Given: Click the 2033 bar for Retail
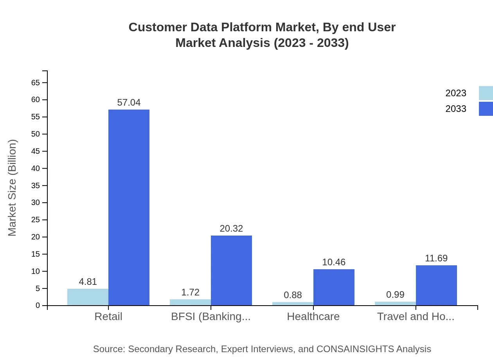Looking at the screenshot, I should pyautogui.click(x=129, y=207).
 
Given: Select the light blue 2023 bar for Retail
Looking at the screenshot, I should pyautogui.click(x=88, y=297).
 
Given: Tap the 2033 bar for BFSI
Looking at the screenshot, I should pyautogui.click(x=231, y=270).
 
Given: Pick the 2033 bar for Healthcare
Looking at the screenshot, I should pyautogui.click(x=334, y=287).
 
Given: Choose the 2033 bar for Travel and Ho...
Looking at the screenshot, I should pyautogui.click(x=436, y=285).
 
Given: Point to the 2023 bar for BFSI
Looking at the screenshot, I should pyautogui.click(x=190, y=302).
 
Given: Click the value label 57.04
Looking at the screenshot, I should pyautogui.click(x=129, y=103).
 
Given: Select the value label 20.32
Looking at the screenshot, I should pyautogui.click(x=231, y=229).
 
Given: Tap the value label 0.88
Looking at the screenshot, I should pyautogui.click(x=293, y=295).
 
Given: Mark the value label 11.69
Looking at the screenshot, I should pyautogui.click(x=436, y=258).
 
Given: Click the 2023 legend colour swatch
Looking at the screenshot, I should pyautogui.click(x=486, y=93).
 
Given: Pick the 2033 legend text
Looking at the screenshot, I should pyautogui.click(x=456, y=109).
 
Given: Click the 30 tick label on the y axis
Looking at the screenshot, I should pyautogui.click(x=36, y=203).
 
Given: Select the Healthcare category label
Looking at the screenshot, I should pyautogui.click(x=313, y=316).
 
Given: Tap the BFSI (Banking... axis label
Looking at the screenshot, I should pyautogui.click(x=211, y=316).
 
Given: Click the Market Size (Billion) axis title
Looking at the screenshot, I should pyautogui.click(x=13, y=188).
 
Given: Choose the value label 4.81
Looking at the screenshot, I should pyautogui.click(x=88, y=282).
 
